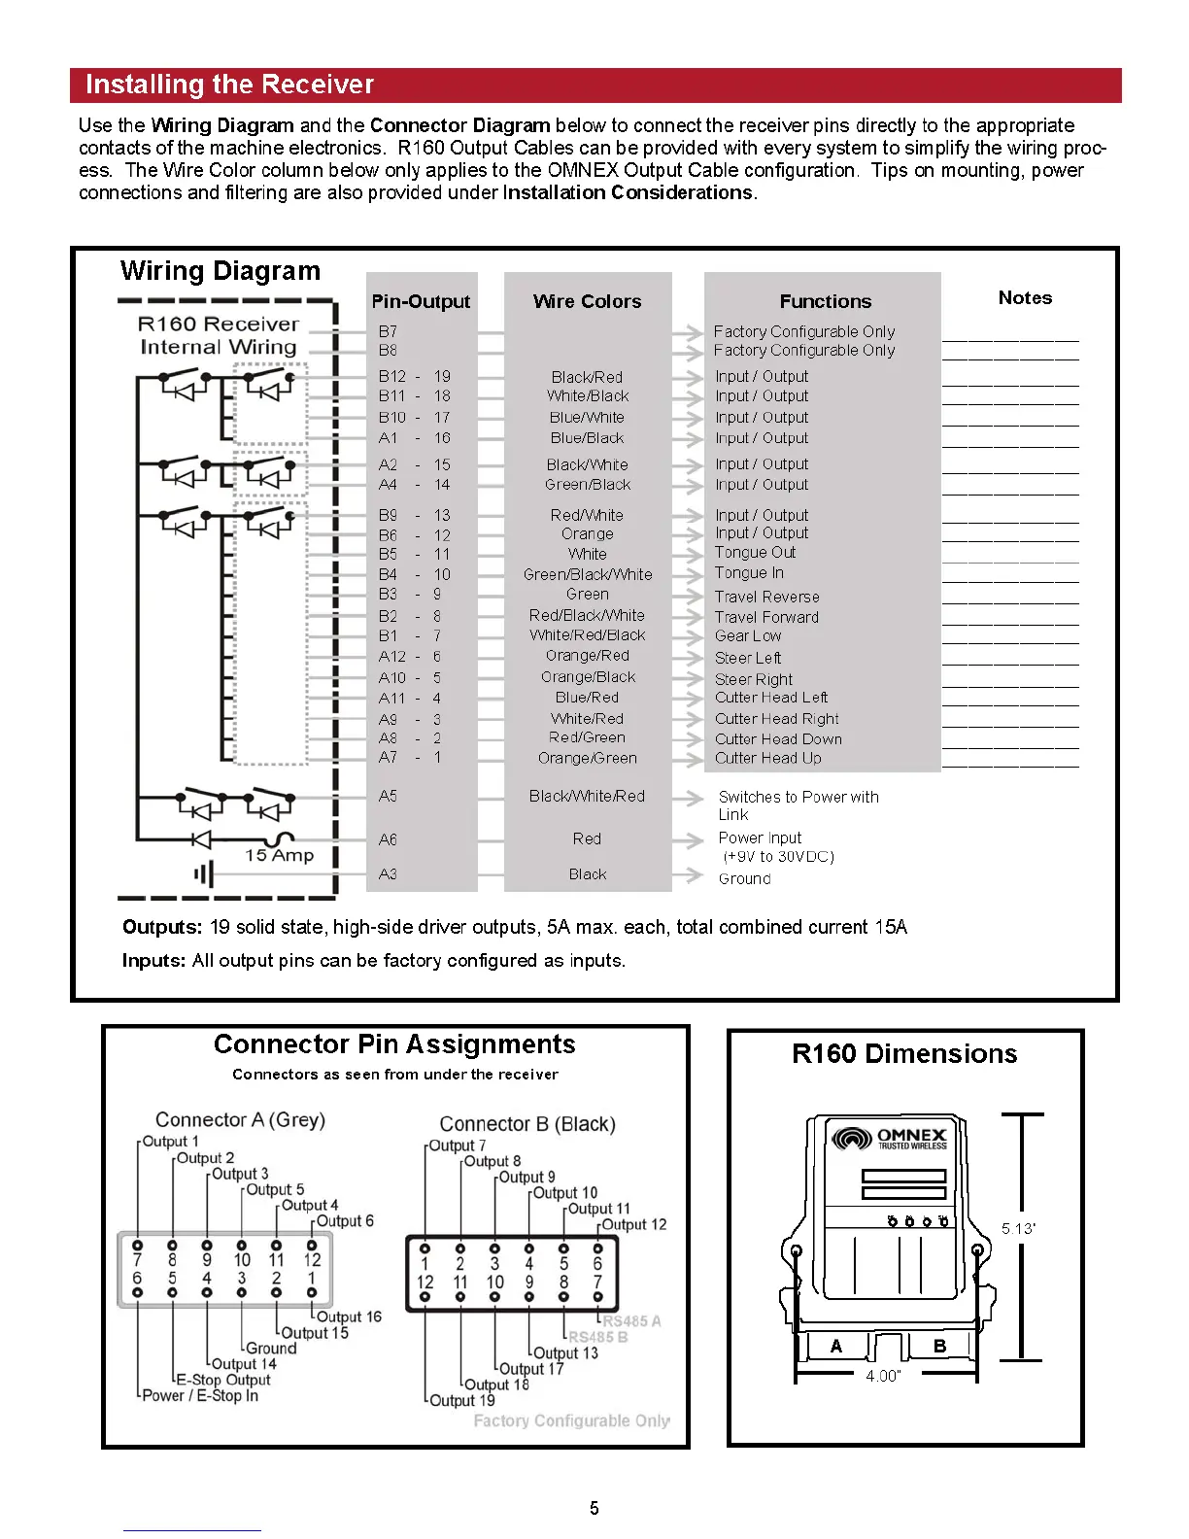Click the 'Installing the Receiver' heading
229,85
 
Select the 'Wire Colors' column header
587,301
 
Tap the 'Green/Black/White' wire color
588,574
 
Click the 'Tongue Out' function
755,552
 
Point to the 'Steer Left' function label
748,658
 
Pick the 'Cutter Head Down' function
778,738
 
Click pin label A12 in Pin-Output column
392,657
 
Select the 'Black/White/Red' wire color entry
587,796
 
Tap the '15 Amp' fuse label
279,855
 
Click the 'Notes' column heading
1025,297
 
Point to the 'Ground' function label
744,878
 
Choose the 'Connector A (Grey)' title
240,1119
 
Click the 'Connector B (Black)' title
527,1124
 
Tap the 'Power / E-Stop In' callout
200,1395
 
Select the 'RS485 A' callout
631,1321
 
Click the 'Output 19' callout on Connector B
462,1400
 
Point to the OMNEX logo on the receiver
890,1138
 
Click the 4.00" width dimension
883,1376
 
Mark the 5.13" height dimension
1018,1228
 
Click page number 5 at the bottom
594,1508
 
